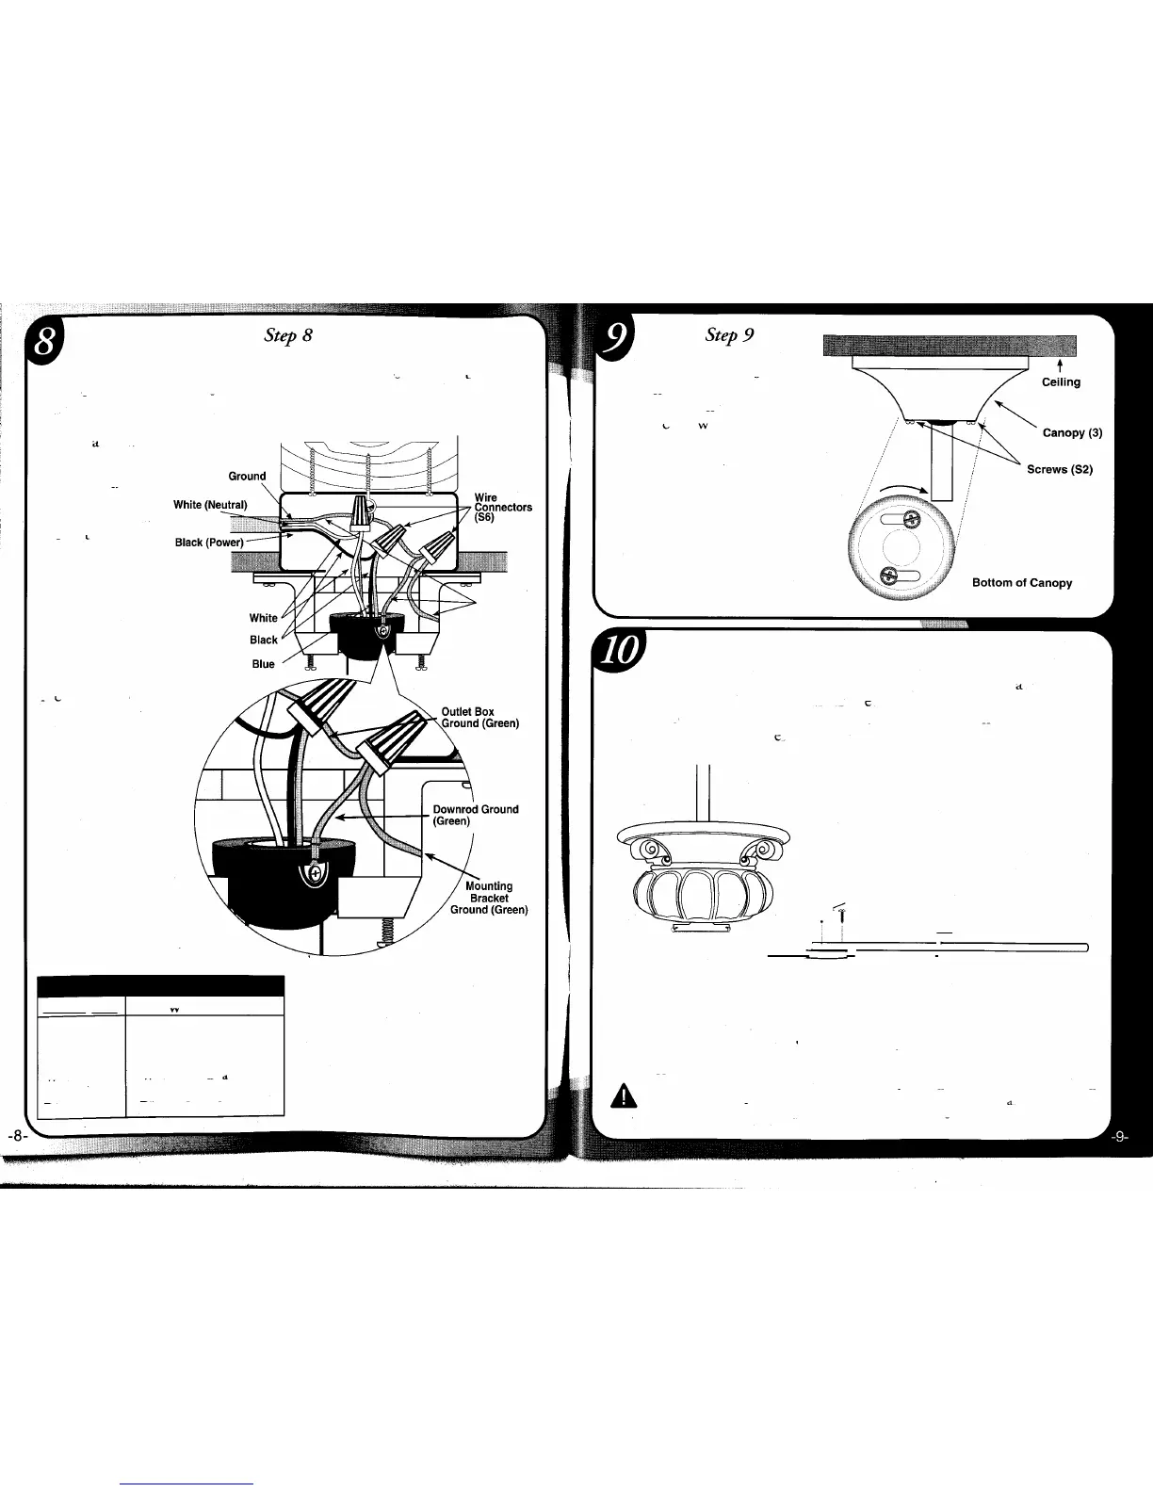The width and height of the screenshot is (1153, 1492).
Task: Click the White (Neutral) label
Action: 209,505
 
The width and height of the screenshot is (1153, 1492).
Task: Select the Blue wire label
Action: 263,664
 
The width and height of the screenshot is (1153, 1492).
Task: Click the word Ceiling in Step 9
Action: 1061,382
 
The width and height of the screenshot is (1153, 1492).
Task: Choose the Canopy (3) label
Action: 1072,433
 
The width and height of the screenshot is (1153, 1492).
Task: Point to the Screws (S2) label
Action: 1059,470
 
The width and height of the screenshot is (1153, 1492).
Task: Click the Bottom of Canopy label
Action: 1021,583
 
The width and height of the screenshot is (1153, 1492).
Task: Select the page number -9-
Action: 1120,1137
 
